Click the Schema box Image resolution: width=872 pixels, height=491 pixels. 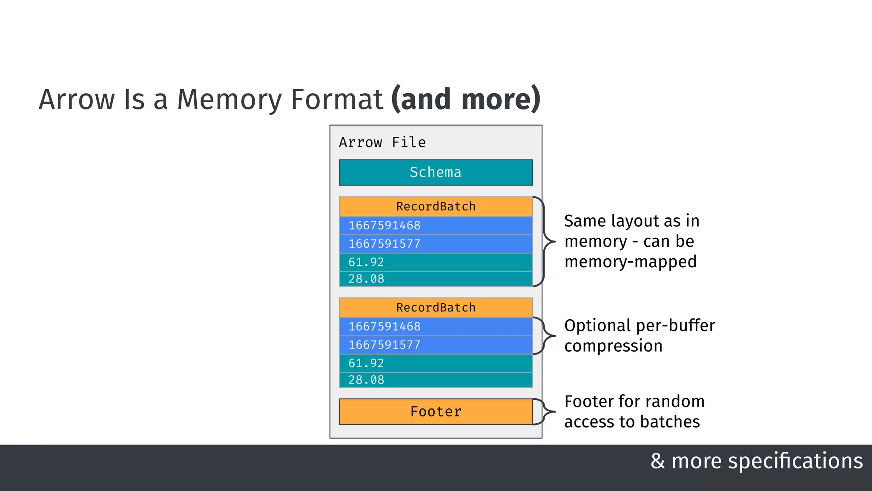(x=436, y=172)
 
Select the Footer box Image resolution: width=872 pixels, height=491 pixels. (x=436, y=411)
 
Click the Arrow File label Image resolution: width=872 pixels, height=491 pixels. (x=382, y=142)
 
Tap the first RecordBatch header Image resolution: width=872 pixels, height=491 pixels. (x=436, y=206)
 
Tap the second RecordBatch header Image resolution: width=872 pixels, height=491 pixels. (x=436, y=307)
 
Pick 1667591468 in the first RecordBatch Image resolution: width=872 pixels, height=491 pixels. (x=384, y=225)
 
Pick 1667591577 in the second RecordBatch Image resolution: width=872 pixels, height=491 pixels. (x=384, y=345)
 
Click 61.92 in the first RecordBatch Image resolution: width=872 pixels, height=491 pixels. (x=366, y=262)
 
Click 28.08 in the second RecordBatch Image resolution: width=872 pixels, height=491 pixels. (x=366, y=380)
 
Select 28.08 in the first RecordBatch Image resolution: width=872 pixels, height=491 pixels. (x=366, y=279)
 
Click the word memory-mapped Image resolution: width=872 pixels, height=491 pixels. (x=630, y=262)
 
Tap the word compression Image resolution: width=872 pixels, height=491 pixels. (x=613, y=346)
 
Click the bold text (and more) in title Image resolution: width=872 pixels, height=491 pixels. (x=466, y=99)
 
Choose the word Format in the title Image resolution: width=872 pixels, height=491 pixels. (x=337, y=99)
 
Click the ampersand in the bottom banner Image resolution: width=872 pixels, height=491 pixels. (x=657, y=461)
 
